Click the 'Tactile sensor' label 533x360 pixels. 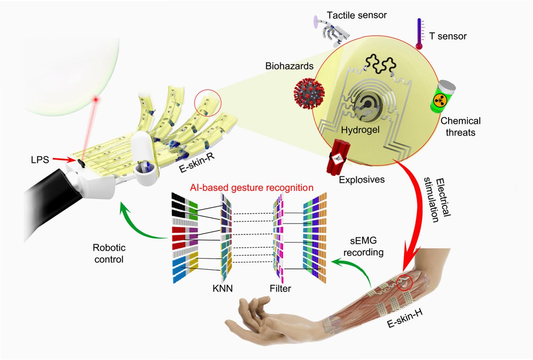(x=357, y=15)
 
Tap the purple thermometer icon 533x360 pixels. (x=419, y=34)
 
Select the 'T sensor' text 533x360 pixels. (x=448, y=36)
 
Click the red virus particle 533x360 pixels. (x=309, y=93)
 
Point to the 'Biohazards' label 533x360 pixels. (x=289, y=66)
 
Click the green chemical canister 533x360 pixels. (x=443, y=97)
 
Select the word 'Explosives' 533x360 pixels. (x=362, y=180)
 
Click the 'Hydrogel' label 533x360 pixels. (x=360, y=130)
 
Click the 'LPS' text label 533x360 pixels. (x=40, y=160)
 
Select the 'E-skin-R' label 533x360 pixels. (x=197, y=163)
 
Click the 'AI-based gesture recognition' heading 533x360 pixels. (x=251, y=188)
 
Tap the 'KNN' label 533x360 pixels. (x=223, y=288)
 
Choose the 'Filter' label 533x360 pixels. (x=280, y=288)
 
